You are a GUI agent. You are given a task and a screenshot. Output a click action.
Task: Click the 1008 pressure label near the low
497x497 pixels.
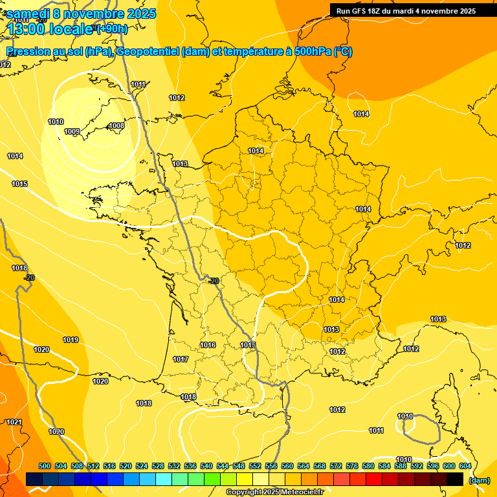[x=116, y=126]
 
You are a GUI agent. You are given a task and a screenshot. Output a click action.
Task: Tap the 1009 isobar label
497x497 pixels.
[x=72, y=132]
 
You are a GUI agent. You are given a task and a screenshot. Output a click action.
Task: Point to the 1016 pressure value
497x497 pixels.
[x=208, y=345]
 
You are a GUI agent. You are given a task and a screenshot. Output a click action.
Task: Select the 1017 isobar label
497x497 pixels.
[x=181, y=359]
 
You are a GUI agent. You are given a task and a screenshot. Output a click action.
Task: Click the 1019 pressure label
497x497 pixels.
[x=71, y=340]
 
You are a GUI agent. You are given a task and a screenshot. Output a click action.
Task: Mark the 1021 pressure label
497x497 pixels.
[x=14, y=422]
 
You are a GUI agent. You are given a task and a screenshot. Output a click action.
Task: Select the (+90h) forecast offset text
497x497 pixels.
[x=111, y=29]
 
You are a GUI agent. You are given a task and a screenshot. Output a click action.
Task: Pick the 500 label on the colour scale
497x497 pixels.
[x=45, y=466]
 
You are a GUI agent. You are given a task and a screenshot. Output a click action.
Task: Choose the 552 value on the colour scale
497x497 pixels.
[x=255, y=466]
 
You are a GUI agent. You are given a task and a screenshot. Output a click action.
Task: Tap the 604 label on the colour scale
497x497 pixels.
[x=465, y=466]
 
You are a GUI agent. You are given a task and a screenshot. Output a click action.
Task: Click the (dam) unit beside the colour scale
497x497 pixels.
[x=479, y=480]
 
